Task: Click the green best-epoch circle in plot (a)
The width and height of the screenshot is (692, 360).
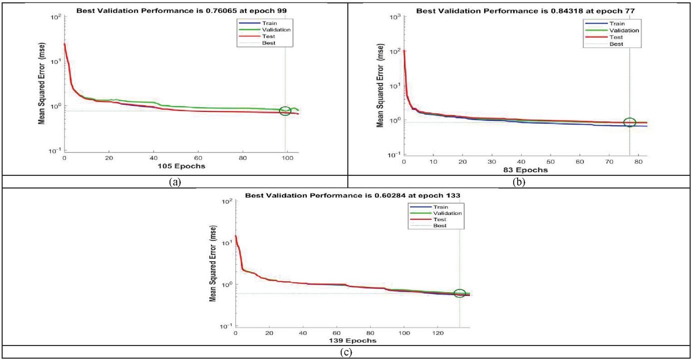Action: [285, 111]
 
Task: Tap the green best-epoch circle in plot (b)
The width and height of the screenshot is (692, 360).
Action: [630, 122]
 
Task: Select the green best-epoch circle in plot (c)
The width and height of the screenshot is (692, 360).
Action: [460, 294]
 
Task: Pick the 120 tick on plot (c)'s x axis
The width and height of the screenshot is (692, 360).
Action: [437, 333]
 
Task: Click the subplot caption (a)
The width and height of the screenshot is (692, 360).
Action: [174, 182]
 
